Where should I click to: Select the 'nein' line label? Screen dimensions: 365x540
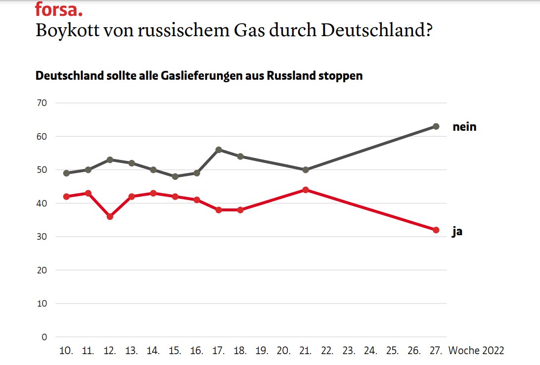click(464, 127)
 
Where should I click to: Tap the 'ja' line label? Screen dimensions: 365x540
click(457, 231)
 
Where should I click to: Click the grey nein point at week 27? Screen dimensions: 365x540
click(436, 126)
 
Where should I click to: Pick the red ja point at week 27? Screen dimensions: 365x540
click(436, 230)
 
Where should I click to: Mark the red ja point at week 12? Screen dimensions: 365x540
click(110, 216)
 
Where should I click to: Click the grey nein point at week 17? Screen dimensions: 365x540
click(219, 150)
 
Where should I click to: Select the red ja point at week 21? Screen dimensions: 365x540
click(306, 190)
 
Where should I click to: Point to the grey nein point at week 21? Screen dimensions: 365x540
click(306, 170)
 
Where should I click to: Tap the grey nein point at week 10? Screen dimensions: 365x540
click(66, 173)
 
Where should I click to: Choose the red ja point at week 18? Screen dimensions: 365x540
click(240, 209)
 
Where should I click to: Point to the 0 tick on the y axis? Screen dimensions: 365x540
click(44, 337)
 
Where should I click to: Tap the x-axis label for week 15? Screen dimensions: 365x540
click(175, 351)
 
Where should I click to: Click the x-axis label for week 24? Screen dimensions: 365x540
click(370, 351)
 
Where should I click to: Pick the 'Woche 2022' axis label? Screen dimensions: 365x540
click(476, 351)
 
